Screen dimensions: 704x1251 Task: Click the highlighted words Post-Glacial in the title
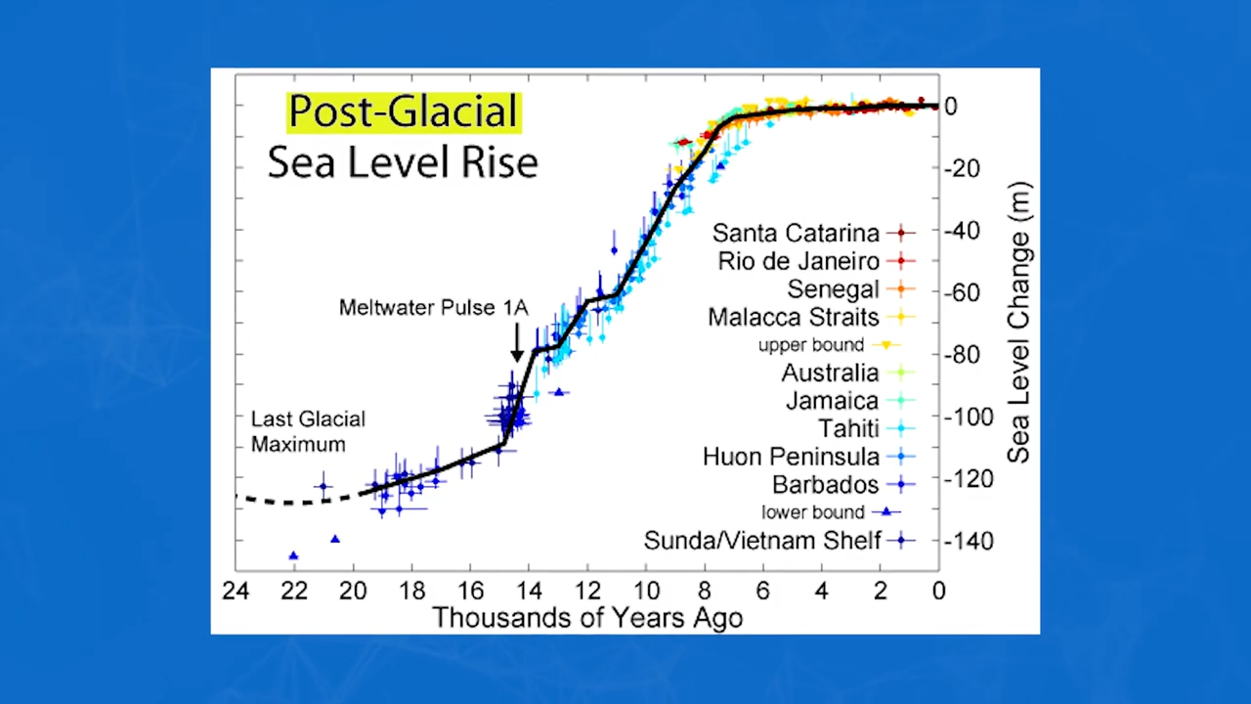tap(404, 111)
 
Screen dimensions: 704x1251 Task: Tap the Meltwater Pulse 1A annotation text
tap(433, 308)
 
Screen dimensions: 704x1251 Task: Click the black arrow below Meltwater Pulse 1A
tap(517, 343)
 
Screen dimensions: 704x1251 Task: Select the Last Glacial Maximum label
tap(307, 431)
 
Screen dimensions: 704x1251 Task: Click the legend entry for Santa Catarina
tap(796, 233)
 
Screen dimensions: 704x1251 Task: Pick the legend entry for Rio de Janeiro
tap(798, 261)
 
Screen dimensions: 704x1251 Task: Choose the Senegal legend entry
tap(833, 289)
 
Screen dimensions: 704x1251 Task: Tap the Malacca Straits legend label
tap(794, 318)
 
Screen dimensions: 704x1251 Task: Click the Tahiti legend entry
tap(848, 428)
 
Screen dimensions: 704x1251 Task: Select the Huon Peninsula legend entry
tap(791, 457)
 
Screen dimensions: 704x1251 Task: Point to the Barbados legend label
tap(825, 485)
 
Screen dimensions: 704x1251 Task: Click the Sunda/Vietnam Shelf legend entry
tap(762, 541)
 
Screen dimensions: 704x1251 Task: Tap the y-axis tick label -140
tap(968, 541)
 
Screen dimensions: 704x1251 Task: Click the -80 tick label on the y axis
tap(962, 354)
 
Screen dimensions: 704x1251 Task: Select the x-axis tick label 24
tap(236, 591)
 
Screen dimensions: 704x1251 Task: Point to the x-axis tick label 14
tap(529, 591)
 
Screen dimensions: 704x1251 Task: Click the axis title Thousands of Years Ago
tap(587, 618)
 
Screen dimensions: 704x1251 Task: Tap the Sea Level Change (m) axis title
tap(1019, 323)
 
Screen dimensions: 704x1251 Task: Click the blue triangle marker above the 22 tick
tap(293, 555)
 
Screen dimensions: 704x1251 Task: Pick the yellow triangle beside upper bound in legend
tap(886, 345)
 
